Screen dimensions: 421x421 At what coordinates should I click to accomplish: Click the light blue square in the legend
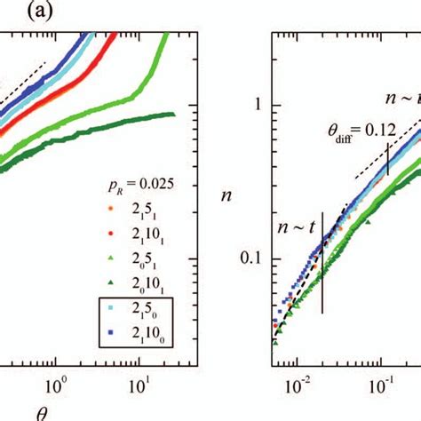(110, 306)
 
